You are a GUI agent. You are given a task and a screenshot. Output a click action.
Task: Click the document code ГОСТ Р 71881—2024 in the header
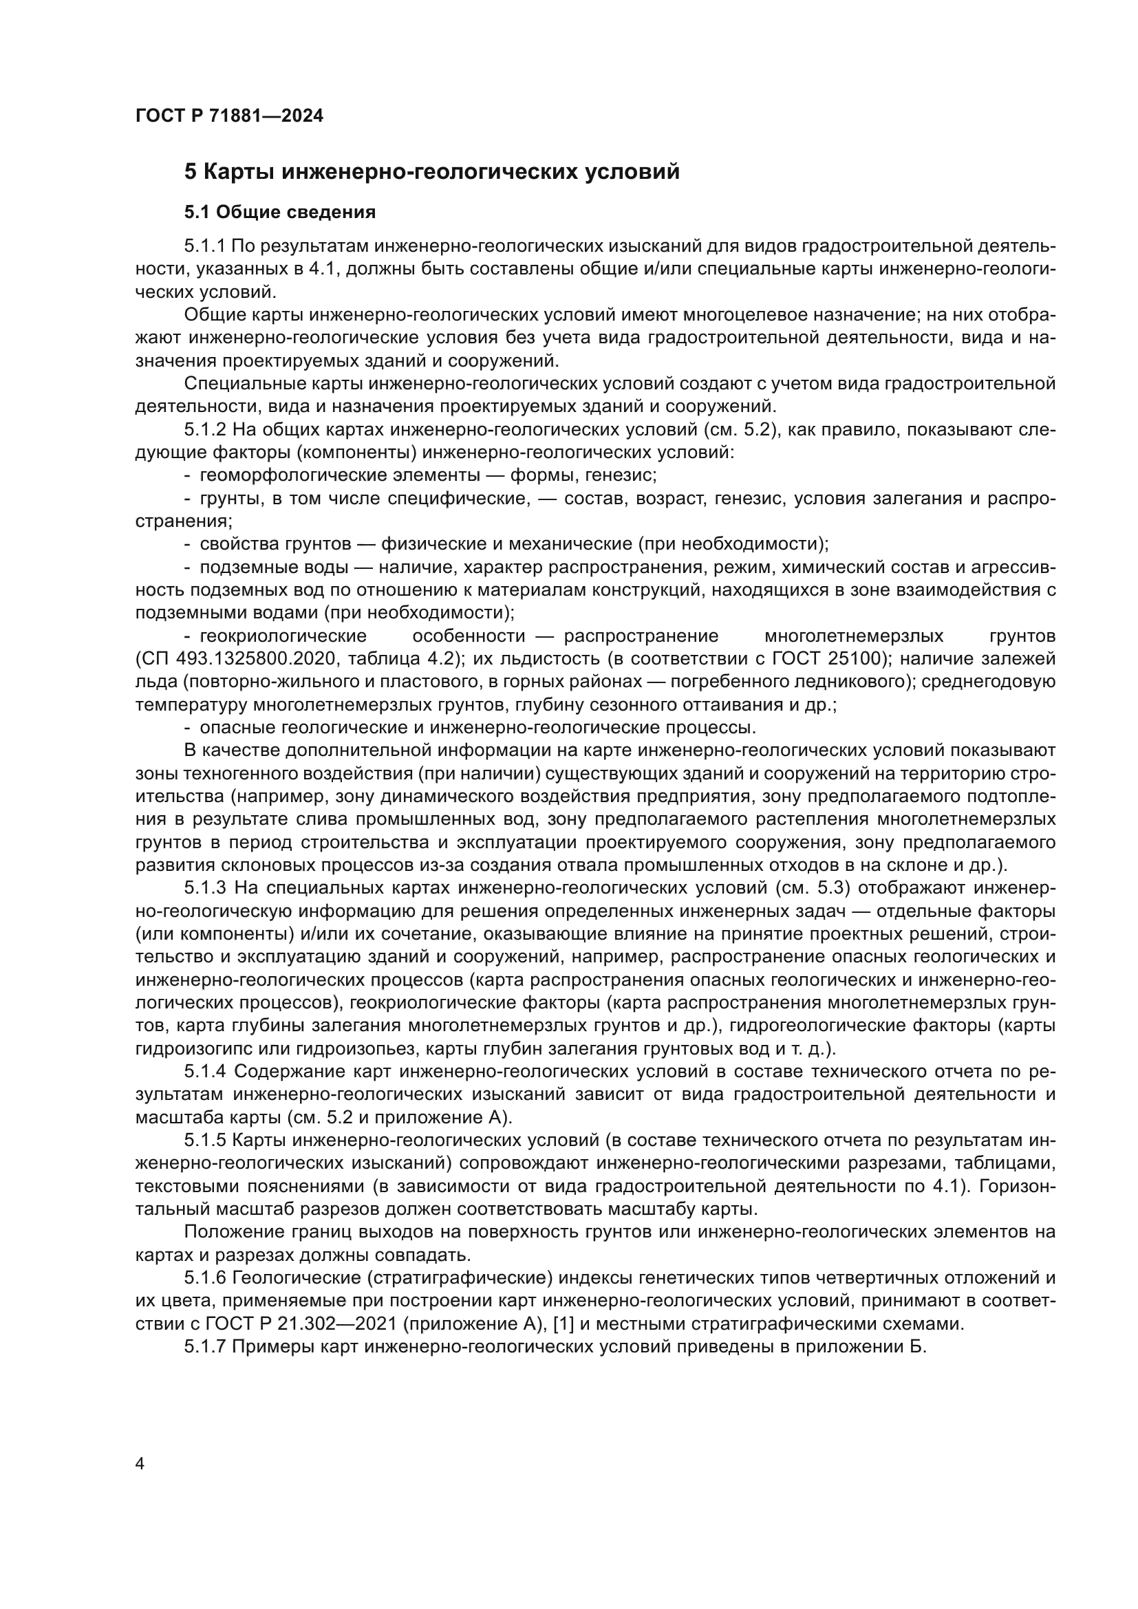click(229, 116)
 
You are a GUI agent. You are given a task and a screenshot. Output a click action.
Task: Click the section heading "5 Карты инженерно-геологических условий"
click(431, 172)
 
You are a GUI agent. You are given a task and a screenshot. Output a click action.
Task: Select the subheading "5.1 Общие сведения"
click(280, 213)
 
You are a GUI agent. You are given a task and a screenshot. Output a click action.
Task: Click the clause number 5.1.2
click(204, 429)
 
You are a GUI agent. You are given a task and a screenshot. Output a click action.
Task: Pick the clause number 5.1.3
click(204, 888)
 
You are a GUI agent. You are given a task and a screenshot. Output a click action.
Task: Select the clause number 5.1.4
click(204, 1072)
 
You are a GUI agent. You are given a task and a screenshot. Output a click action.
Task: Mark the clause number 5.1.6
click(204, 1277)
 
